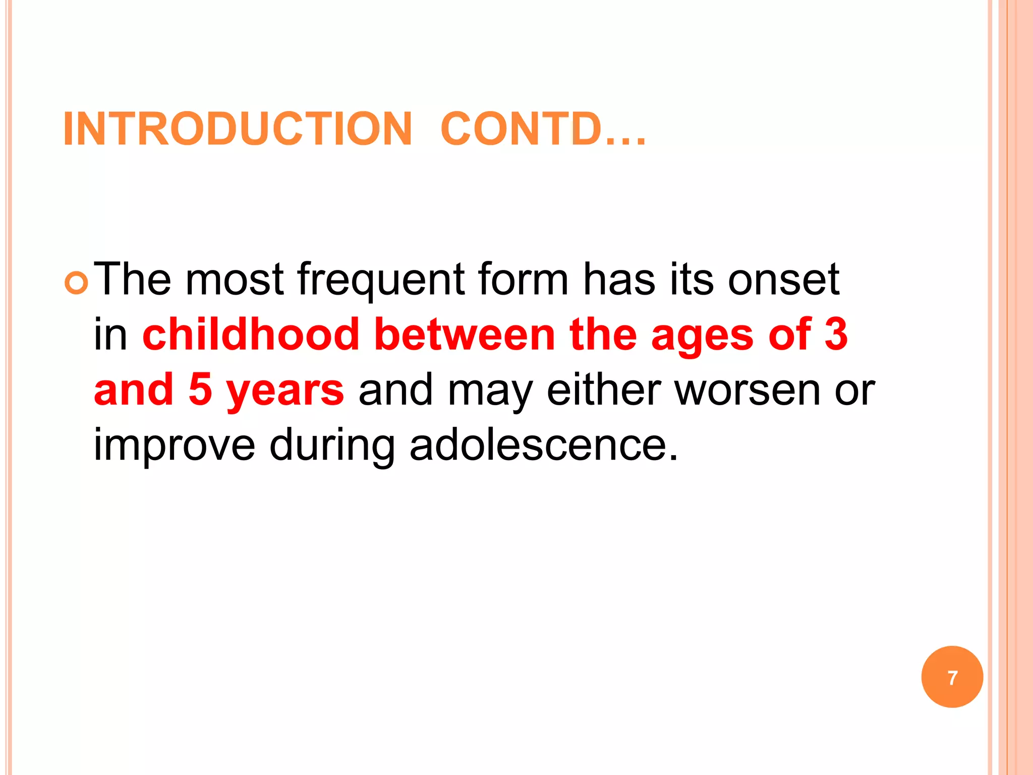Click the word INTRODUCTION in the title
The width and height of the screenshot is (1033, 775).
pos(238,129)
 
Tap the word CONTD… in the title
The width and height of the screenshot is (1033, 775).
pos(543,129)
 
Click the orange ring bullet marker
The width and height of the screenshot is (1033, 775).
pos(77,284)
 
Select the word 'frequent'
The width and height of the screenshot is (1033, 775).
pos(380,280)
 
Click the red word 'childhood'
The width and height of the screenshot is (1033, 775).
pos(251,335)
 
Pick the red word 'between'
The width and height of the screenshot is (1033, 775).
pos(465,335)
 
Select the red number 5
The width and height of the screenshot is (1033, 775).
pos(200,390)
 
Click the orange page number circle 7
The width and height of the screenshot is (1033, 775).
pos(952,677)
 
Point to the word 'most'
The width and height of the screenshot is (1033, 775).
pos(235,280)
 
